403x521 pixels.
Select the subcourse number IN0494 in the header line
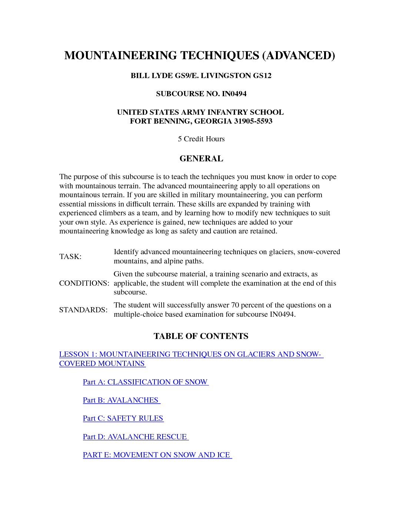coord(234,94)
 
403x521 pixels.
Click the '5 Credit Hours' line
coord(201,139)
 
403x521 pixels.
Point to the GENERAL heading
coord(201,159)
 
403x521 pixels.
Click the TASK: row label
coord(70,257)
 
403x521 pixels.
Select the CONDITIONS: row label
coord(84,283)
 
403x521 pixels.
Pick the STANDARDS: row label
coord(83,310)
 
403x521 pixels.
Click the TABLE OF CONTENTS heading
coord(201,336)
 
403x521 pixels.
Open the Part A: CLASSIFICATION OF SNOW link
coord(145,382)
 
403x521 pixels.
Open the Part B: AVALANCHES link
coord(121,400)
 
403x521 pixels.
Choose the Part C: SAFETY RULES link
coord(123,419)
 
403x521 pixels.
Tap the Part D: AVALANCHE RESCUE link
coord(135,437)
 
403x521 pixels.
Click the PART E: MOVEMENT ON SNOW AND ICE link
coord(157,455)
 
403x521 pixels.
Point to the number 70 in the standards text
coord(235,305)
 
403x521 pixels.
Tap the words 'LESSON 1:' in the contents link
coord(78,354)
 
